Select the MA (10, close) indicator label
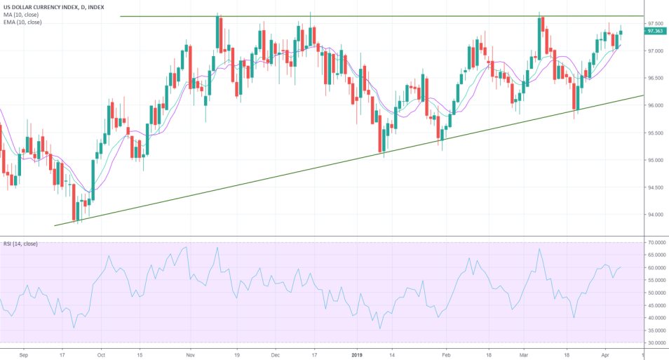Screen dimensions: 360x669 [x=21, y=15]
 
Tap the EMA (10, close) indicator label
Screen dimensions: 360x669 [x=22, y=22]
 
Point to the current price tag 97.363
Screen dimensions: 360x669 [x=655, y=31]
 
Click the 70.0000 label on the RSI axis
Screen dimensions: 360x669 [x=656, y=242]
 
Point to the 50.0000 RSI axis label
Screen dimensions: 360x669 [x=656, y=293]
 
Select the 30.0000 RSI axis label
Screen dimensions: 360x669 [x=656, y=342]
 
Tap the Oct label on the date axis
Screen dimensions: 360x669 [x=101, y=354]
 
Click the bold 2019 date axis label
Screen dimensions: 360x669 [x=358, y=354]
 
